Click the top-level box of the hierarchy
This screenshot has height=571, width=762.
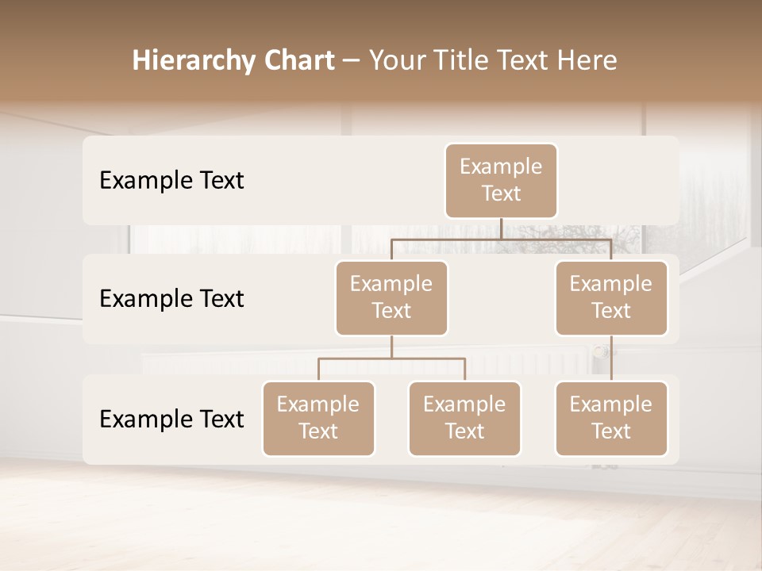[x=501, y=181]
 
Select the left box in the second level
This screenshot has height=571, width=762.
[x=391, y=298]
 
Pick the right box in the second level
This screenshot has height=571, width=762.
[x=611, y=298]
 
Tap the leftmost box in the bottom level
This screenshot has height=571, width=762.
[x=318, y=419]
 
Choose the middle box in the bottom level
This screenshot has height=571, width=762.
[x=464, y=419]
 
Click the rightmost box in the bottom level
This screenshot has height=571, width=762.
[x=611, y=419]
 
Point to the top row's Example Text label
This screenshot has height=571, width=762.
[x=171, y=181]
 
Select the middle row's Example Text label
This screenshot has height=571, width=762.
[x=171, y=299]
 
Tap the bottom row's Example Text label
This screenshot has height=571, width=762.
[x=171, y=419]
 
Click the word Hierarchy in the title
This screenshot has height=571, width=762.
[x=192, y=61]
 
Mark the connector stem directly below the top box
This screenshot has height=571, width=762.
[x=501, y=228]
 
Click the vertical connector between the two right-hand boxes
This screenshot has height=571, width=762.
[x=611, y=358]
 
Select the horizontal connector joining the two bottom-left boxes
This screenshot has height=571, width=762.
[x=391, y=358]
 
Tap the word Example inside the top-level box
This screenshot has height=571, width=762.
[x=501, y=167]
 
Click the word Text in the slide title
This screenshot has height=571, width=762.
[x=522, y=60]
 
